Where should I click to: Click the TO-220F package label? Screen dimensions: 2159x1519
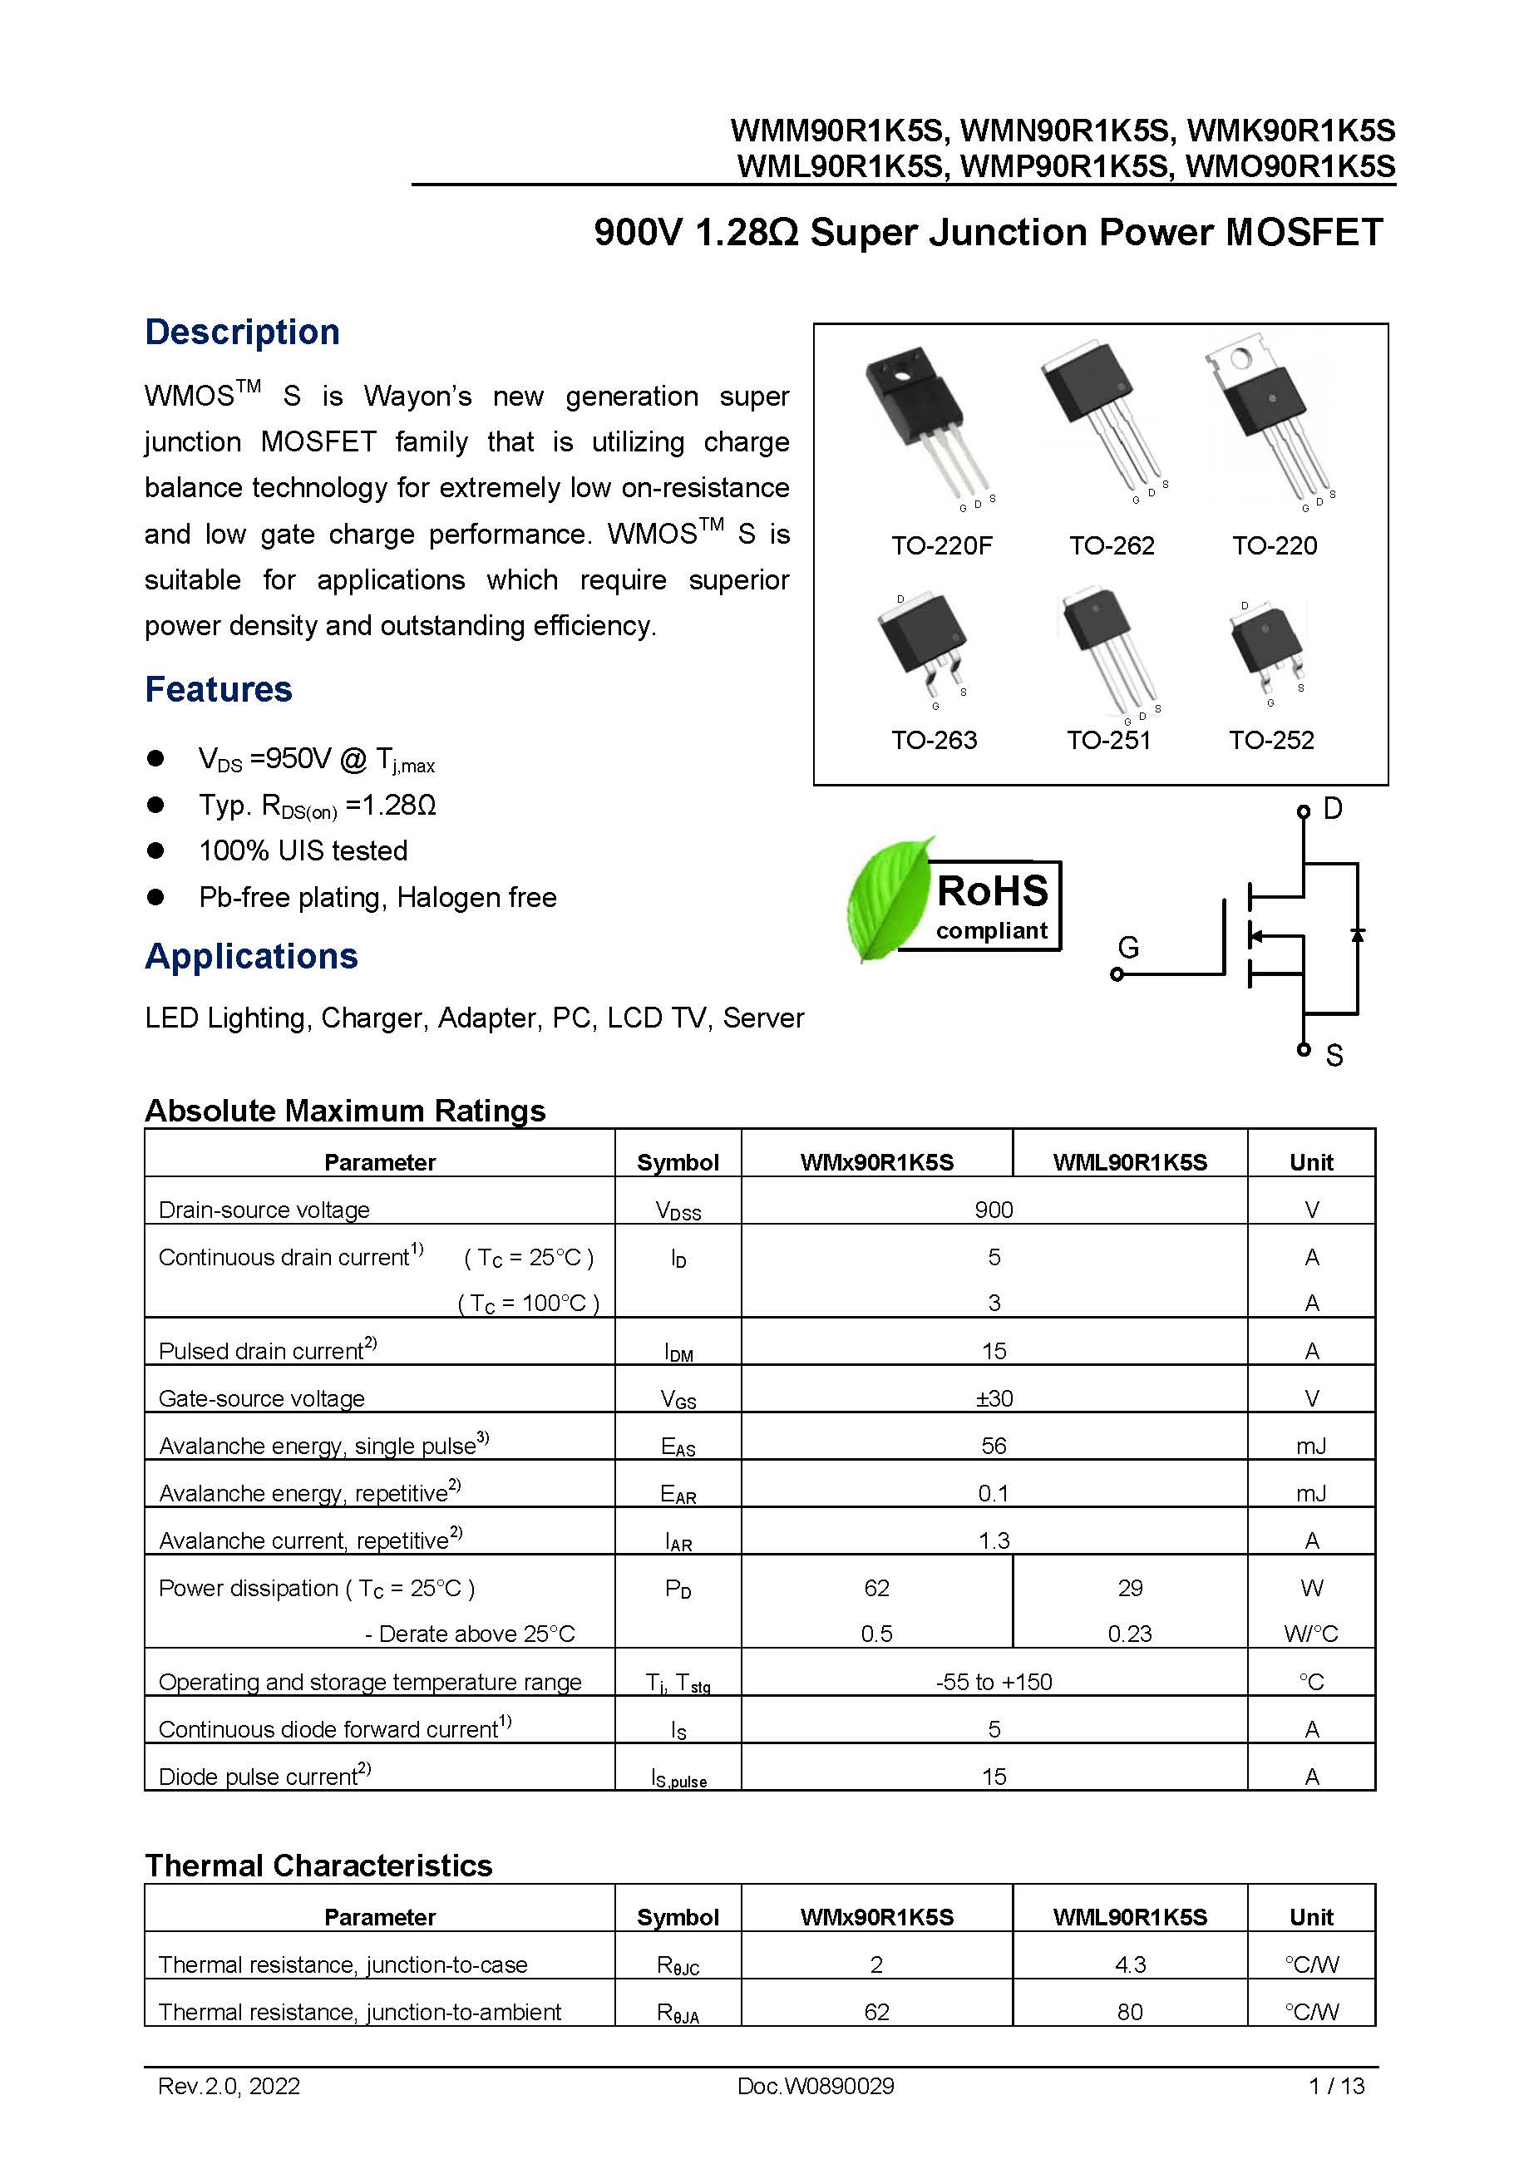pyautogui.click(x=940, y=545)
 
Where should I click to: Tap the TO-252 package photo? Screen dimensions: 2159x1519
pyautogui.click(x=1266, y=643)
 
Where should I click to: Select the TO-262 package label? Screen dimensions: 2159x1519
pyautogui.click(x=1111, y=545)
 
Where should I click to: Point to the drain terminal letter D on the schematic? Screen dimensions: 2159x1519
pyautogui.click(x=1333, y=809)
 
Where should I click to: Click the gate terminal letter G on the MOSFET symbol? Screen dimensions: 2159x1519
pyautogui.click(x=1127, y=947)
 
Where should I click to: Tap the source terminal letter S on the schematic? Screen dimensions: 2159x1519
pyautogui.click(x=1334, y=1056)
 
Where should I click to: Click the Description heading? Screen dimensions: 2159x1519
pyautogui.click(x=242, y=332)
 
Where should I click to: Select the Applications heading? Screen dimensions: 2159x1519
pyautogui.click(x=251, y=956)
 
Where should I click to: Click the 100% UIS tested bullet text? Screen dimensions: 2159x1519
pyautogui.click(x=303, y=851)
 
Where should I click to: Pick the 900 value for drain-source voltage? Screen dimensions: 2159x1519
pyautogui.click(x=994, y=1210)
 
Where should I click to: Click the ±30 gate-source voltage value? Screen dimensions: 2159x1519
pyautogui.click(x=994, y=1398)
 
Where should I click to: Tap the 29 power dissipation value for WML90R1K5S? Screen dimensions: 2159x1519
pyautogui.click(x=1130, y=1588)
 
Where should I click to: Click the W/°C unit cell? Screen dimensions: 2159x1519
pyautogui.click(x=1310, y=1634)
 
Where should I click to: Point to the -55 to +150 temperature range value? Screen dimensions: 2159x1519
pyautogui.click(x=994, y=1683)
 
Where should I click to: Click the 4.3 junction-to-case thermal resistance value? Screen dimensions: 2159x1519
pyautogui.click(x=1130, y=1965)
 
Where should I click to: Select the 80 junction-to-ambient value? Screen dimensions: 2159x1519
pyautogui.click(x=1130, y=2013)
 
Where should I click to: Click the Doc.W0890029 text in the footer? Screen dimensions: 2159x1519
pyautogui.click(x=816, y=2087)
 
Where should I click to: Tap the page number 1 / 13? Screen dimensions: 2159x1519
pyautogui.click(x=1335, y=2087)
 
